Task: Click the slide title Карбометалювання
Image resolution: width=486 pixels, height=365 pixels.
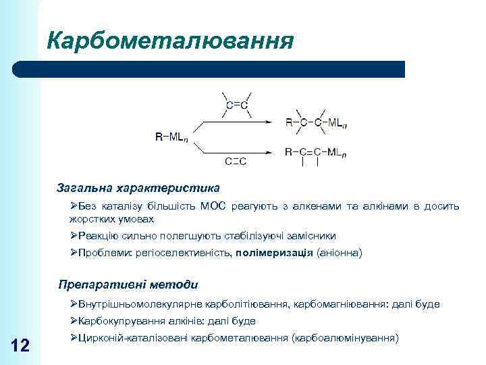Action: [x=170, y=40]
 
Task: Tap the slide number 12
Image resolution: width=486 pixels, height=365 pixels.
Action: [x=20, y=346]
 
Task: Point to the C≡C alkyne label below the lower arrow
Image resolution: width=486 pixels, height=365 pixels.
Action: [x=235, y=161]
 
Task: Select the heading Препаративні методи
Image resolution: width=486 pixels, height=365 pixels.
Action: [x=128, y=285]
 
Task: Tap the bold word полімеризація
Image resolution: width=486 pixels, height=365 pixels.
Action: [x=273, y=253]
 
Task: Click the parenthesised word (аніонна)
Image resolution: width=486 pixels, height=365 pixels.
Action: [x=340, y=253]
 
